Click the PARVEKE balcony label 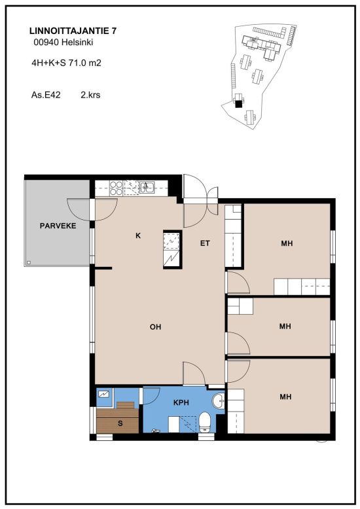click(x=58, y=226)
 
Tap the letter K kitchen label click(x=138, y=236)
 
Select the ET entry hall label click(x=205, y=243)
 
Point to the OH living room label click(x=155, y=327)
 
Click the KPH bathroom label click(x=181, y=402)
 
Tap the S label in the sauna click(x=120, y=423)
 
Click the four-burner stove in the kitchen click(x=116, y=188)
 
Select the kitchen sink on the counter click(x=147, y=187)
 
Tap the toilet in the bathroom click(x=205, y=423)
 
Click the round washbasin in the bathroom click(x=219, y=401)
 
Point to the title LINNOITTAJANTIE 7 click(x=73, y=31)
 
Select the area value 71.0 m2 click(x=84, y=63)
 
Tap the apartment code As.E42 click(x=46, y=95)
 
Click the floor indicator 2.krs click(x=90, y=95)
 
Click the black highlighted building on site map click(x=239, y=103)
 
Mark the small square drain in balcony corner click(x=29, y=262)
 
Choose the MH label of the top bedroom click(x=287, y=243)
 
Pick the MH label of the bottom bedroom click(x=285, y=396)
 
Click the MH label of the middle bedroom click(x=285, y=326)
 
